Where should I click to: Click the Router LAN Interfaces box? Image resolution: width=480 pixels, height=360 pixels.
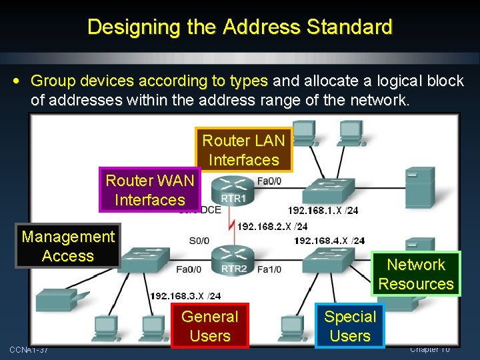[243, 150]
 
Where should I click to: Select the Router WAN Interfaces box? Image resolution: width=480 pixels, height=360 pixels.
[149, 190]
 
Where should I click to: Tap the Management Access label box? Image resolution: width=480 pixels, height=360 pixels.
[68, 246]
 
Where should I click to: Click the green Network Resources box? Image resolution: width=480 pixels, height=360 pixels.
[416, 274]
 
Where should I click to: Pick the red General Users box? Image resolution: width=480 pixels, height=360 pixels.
[209, 326]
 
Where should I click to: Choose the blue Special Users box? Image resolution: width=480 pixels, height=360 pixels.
[350, 326]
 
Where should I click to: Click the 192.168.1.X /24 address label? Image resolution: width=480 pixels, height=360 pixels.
[323, 211]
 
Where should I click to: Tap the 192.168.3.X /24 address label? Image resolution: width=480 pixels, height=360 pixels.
[185, 295]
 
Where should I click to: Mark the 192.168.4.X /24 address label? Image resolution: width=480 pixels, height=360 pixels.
[329, 241]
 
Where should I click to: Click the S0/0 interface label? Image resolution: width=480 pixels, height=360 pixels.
[199, 241]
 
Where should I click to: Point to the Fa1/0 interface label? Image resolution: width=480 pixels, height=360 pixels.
[269, 269]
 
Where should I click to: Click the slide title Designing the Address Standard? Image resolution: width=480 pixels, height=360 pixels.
[239, 27]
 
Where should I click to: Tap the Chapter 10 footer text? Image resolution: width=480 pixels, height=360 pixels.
[430, 349]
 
